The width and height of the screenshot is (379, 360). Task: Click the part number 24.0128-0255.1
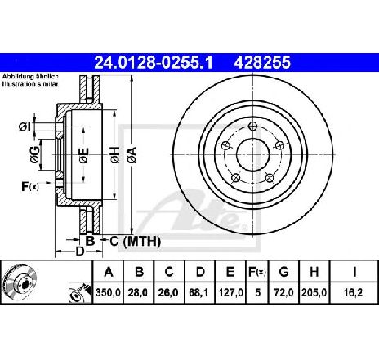[154, 62]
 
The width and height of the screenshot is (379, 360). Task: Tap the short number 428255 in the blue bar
[262, 62]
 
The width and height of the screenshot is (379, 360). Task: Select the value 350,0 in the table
[108, 293]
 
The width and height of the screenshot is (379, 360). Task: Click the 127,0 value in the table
[230, 293]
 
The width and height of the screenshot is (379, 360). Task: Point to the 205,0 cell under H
[314, 293]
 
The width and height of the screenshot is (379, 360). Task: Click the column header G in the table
[283, 272]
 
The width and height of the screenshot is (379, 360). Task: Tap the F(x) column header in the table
[256, 272]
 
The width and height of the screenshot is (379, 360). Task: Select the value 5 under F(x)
[257, 293]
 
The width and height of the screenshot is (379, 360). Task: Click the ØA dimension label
[132, 155]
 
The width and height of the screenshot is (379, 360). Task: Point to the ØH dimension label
[115, 155]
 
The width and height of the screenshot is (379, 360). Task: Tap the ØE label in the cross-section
[84, 155]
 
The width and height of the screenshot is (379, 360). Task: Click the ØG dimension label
[34, 155]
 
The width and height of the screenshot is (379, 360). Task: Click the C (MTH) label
[136, 242]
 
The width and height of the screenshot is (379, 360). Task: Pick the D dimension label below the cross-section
[79, 251]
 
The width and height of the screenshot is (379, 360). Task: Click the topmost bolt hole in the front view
[252, 126]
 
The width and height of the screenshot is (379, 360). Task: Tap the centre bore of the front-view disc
[252, 155]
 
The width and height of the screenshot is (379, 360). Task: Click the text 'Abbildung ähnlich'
[30, 77]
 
